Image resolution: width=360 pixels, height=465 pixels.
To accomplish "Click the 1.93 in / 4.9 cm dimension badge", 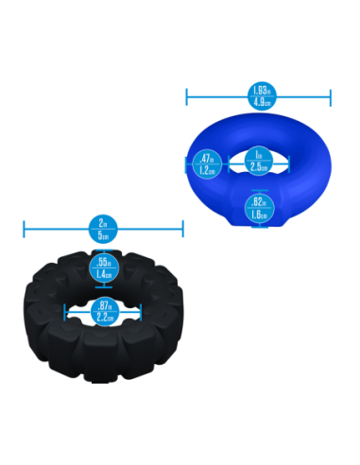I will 259,95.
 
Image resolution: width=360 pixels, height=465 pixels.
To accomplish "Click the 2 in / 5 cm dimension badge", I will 103,228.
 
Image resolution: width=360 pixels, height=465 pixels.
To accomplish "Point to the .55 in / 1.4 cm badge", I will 104,267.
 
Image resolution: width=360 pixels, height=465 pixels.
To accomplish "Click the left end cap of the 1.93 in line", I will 186,95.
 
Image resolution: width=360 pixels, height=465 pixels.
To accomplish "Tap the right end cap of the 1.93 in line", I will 331,95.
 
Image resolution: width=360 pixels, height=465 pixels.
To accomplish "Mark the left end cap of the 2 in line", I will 24,228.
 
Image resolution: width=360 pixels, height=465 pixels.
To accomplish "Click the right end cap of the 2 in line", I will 183,228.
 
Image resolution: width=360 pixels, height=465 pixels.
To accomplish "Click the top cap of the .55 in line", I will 104,249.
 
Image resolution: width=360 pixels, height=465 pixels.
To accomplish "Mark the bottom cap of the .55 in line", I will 104,286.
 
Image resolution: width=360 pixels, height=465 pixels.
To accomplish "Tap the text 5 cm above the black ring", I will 104,233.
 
